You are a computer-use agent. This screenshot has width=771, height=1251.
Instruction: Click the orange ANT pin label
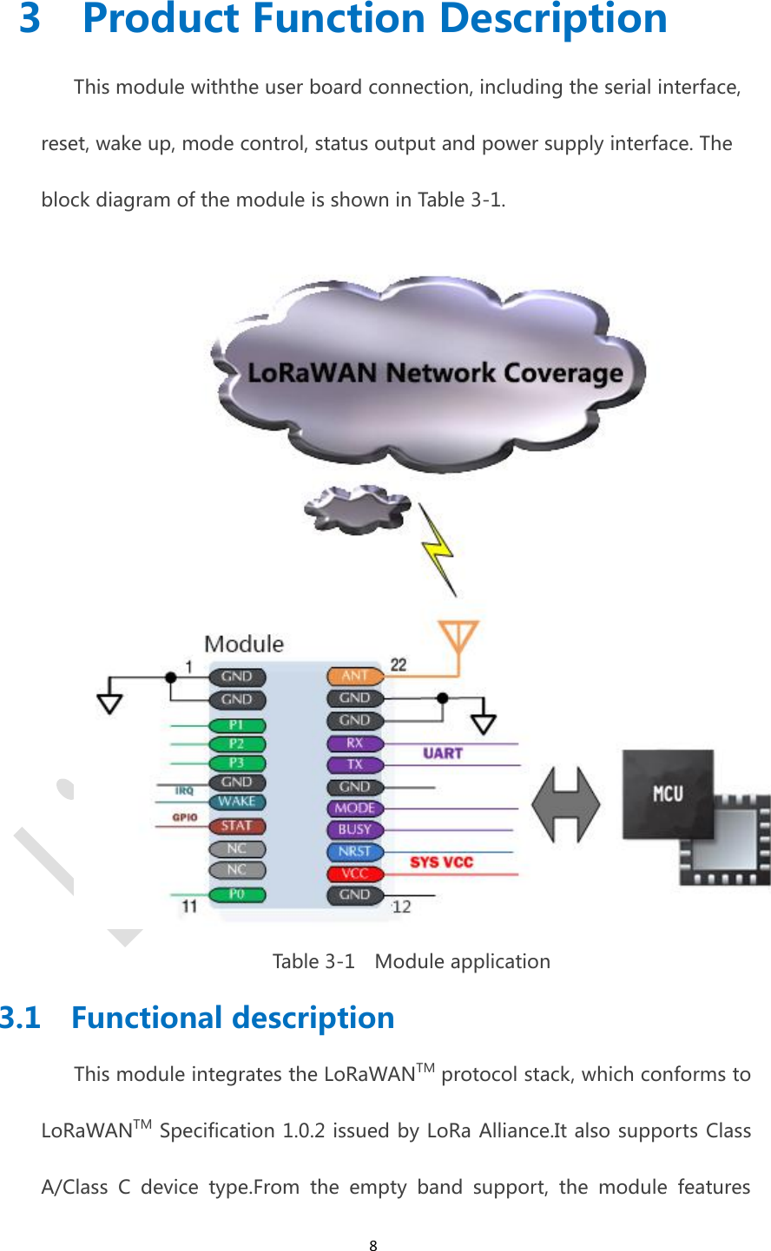pos(354,676)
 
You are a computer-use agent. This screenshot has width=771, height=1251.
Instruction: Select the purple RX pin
pos(354,743)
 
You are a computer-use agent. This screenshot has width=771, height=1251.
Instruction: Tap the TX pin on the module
pos(354,765)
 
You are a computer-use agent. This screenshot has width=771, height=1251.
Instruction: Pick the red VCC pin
pos(354,874)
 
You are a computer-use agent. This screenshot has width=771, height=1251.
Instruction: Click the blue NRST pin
pos(354,852)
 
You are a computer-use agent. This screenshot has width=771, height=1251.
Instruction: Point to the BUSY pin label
pos(354,830)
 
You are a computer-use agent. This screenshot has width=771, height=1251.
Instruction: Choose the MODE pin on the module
pos(354,809)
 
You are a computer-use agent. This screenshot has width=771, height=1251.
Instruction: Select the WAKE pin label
pos(236,802)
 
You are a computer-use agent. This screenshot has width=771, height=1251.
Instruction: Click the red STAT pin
pos(236,826)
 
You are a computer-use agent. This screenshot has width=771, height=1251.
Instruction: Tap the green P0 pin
pos(236,894)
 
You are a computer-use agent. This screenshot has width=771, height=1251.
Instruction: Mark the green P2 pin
pos(236,744)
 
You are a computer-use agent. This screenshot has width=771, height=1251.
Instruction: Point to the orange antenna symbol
pos(458,639)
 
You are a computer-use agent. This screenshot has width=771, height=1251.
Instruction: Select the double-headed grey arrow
pos(565,805)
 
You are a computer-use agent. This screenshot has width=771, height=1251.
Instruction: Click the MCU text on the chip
pos(668,793)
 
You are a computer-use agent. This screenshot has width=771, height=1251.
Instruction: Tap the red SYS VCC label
pos(441,862)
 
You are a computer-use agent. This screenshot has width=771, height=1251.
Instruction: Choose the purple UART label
pos(443,753)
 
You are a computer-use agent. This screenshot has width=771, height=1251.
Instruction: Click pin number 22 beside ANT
pos(398,665)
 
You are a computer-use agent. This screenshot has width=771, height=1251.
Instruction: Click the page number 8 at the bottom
pos(373,1246)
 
